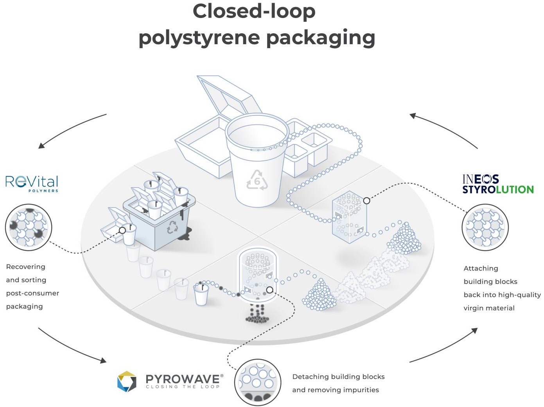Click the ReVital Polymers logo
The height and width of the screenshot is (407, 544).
point(32,183)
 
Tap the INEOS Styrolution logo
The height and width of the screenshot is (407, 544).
point(497,184)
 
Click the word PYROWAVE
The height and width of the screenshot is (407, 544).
point(183,378)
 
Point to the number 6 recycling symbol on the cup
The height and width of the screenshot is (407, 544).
point(257,180)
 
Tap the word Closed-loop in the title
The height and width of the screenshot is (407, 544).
point(254,11)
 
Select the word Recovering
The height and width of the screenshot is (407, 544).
point(26,267)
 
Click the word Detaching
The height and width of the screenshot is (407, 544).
point(310,377)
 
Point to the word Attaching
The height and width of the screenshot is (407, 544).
point(481,268)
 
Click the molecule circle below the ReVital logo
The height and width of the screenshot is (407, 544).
point(29,227)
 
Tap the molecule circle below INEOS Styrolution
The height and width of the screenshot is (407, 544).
point(485,227)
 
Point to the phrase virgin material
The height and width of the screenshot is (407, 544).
point(489,308)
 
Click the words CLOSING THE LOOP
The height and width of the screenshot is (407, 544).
point(183,387)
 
